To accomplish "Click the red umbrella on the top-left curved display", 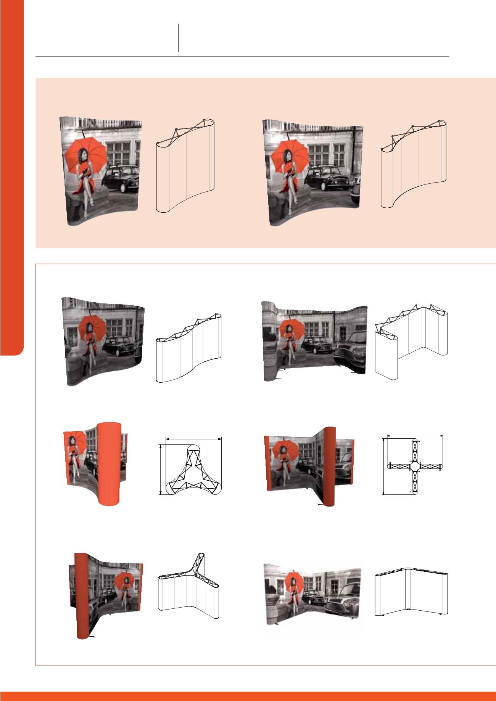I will pos(85,154).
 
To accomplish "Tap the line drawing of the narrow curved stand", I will pos(186,166).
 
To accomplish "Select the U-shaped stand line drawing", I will pos(411,341).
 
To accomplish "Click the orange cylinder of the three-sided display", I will pos(110,464).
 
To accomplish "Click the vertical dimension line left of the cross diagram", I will pos(383,466).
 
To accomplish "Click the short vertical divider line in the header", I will pos(178,37).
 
